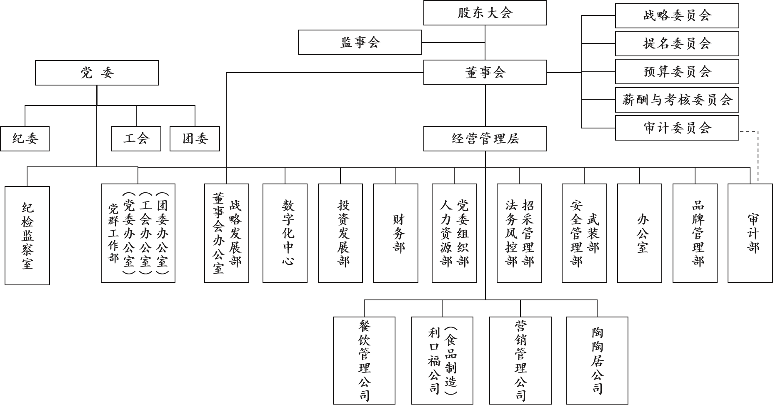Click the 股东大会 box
(485, 13)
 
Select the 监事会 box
(360, 42)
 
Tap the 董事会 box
(485, 73)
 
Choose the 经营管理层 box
(485, 138)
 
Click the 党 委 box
(97, 73)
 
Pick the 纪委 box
(25, 138)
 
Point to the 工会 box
(136, 138)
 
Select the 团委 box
(195, 138)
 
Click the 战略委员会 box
(677, 16)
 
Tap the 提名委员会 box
(677, 43)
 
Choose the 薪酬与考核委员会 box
(677, 100)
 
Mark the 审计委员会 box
(677, 128)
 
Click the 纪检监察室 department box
(27, 236)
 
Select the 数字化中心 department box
(285, 233)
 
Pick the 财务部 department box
(395, 233)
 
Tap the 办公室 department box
(639, 233)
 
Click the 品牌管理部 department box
(695, 233)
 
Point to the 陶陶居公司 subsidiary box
(597, 360)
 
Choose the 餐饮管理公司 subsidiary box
(364, 360)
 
